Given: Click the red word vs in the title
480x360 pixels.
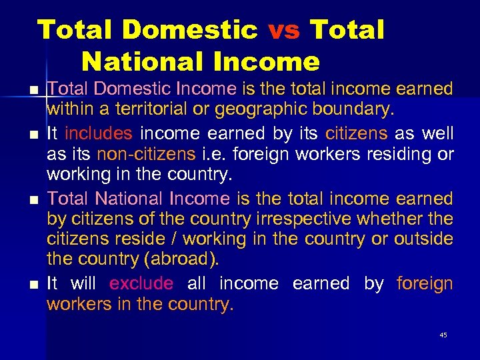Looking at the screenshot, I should click(285, 31).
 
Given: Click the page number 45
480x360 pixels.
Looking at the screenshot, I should click(443, 335).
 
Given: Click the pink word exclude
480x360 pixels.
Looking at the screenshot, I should click(141, 283).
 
